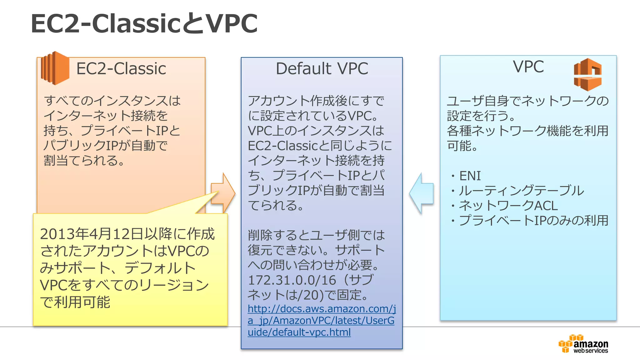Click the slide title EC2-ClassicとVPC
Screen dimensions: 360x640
(144, 24)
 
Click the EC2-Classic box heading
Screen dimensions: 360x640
(121, 69)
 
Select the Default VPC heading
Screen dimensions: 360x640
(322, 69)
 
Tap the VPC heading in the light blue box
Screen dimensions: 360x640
(528, 67)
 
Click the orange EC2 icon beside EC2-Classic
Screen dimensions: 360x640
(55, 68)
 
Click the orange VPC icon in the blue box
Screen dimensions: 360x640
(587, 75)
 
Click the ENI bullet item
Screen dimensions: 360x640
(469, 176)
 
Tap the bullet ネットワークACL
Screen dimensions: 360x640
(508, 206)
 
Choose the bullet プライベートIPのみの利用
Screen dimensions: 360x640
(533, 221)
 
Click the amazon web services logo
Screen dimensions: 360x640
(583, 344)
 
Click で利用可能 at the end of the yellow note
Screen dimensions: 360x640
(75, 302)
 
